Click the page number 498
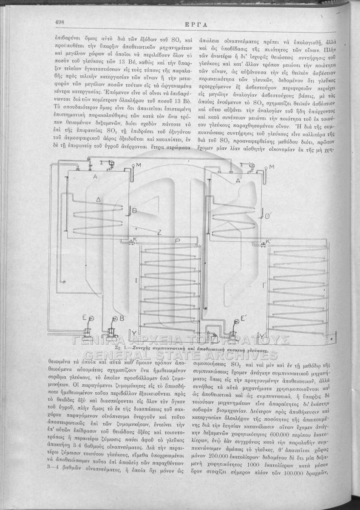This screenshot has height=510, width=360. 59,22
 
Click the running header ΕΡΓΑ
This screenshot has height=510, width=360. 198,24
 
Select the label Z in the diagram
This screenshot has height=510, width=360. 159,232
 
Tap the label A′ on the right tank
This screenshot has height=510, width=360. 239,181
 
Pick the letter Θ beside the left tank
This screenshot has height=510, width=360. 134,210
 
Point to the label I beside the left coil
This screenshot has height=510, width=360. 136,281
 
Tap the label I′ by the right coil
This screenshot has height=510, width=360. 264,286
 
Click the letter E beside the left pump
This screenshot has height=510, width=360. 85,318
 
